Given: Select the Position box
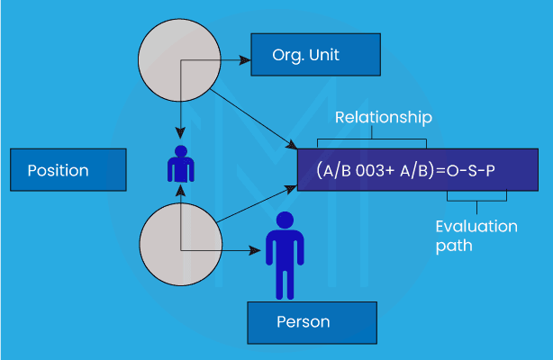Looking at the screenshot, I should click(x=68, y=170).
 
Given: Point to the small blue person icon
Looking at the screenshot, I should click(x=180, y=164).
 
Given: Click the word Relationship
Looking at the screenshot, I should click(x=384, y=118).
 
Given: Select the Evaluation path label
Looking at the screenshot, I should click(x=476, y=234).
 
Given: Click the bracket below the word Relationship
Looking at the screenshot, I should click(x=371, y=139).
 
